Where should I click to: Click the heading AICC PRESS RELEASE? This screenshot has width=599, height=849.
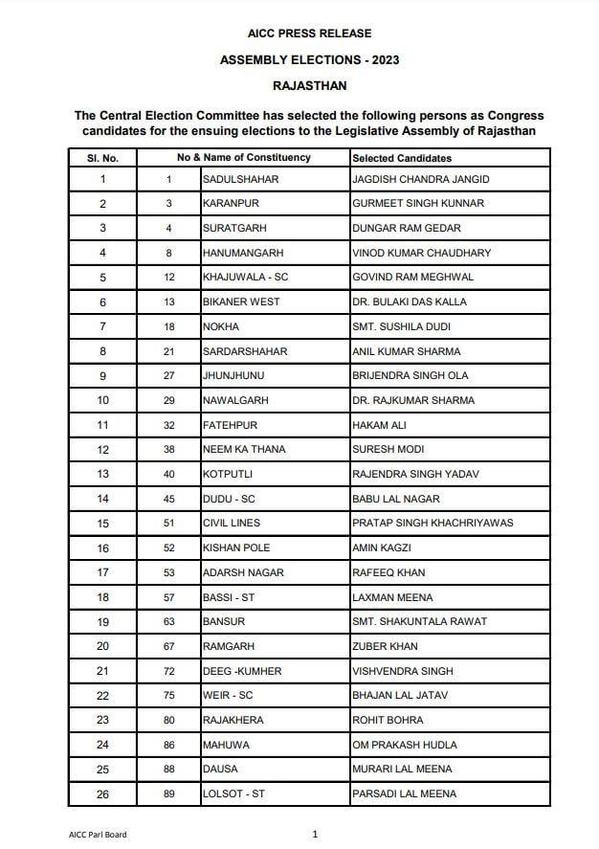(309, 34)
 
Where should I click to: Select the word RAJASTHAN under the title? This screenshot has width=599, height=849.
(309, 85)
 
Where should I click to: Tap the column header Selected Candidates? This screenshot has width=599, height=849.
(402, 158)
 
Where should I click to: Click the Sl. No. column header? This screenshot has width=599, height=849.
(102, 158)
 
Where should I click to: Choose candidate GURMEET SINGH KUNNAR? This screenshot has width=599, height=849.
(417, 204)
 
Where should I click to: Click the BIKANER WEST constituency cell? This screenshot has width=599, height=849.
(241, 302)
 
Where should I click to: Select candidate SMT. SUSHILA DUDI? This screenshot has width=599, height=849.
(400, 326)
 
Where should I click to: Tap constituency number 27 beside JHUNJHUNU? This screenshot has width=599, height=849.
(169, 376)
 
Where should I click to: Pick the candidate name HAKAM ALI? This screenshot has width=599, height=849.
(379, 425)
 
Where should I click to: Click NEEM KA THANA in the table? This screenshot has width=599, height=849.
(244, 450)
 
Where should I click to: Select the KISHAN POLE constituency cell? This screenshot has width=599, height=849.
(236, 548)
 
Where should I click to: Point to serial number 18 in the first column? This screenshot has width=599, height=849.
(103, 597)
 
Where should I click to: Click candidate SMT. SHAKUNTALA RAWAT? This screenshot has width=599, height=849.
(419, 622)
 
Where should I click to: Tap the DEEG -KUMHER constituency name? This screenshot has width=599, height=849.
(242, 672)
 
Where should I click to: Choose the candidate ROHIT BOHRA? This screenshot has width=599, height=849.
(388, 721)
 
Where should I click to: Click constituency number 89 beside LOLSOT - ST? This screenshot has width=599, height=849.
(169, 794)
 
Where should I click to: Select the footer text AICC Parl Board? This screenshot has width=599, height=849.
(98, 835)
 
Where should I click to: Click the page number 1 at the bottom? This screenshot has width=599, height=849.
(315, 835)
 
